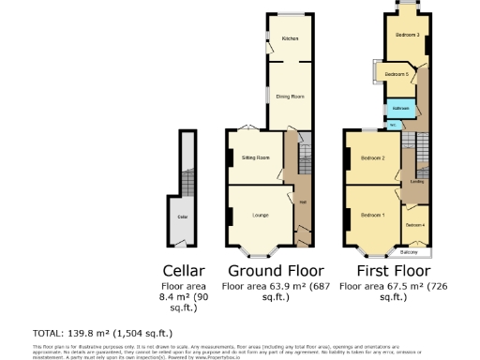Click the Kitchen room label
point(290,38)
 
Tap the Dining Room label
point(290,97)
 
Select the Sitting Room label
point(256,157)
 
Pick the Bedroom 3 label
point(406,35)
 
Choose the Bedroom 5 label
point(397,73)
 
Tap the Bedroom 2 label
point(373,157)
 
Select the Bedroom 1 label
point(373,216)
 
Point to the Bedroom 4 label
point(415,225)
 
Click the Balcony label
point(409,252)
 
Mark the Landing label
point(416,181)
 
